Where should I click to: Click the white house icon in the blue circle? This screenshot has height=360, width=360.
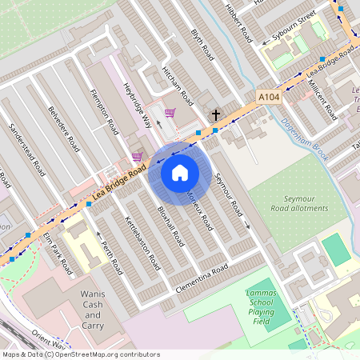click(180, 172)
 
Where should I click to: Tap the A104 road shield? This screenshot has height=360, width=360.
click(270, 96)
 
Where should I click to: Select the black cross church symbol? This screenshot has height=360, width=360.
click(215, 115)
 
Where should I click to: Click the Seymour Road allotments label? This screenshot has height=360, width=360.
click(294, 202)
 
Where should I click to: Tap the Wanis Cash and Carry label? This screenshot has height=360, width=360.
click(93, 310)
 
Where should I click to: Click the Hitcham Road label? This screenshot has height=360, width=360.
click(177, 86)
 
